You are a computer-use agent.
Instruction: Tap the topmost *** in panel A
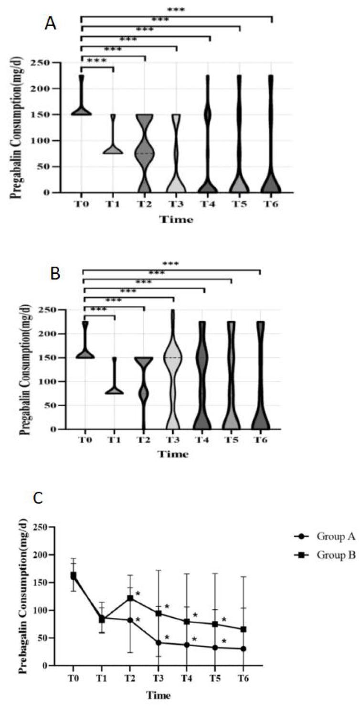(176, 9)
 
